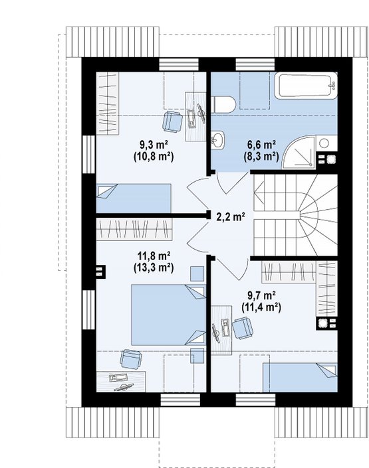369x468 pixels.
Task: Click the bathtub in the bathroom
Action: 306,86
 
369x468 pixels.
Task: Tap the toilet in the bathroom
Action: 223,104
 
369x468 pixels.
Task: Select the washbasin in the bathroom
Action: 217,139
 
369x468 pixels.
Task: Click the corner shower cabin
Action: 299,153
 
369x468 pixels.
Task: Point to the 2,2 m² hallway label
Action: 231,216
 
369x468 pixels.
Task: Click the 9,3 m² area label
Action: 154,145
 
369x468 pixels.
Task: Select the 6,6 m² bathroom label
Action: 261,145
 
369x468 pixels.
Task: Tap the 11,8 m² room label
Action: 154,256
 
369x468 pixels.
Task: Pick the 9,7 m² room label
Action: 261,295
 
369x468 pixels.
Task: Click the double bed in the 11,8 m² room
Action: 169,315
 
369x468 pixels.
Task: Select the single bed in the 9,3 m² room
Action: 134,198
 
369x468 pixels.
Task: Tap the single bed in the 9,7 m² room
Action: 301,377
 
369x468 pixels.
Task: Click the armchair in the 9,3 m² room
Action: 173,121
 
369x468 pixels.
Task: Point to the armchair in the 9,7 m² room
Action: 243,328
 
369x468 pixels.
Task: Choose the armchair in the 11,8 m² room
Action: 131,359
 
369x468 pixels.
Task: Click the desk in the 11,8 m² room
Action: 121,382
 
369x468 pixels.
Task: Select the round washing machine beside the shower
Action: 324,143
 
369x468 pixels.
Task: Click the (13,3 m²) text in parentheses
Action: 154,268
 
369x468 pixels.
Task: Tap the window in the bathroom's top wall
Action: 255,64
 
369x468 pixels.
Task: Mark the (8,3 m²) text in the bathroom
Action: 261,157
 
